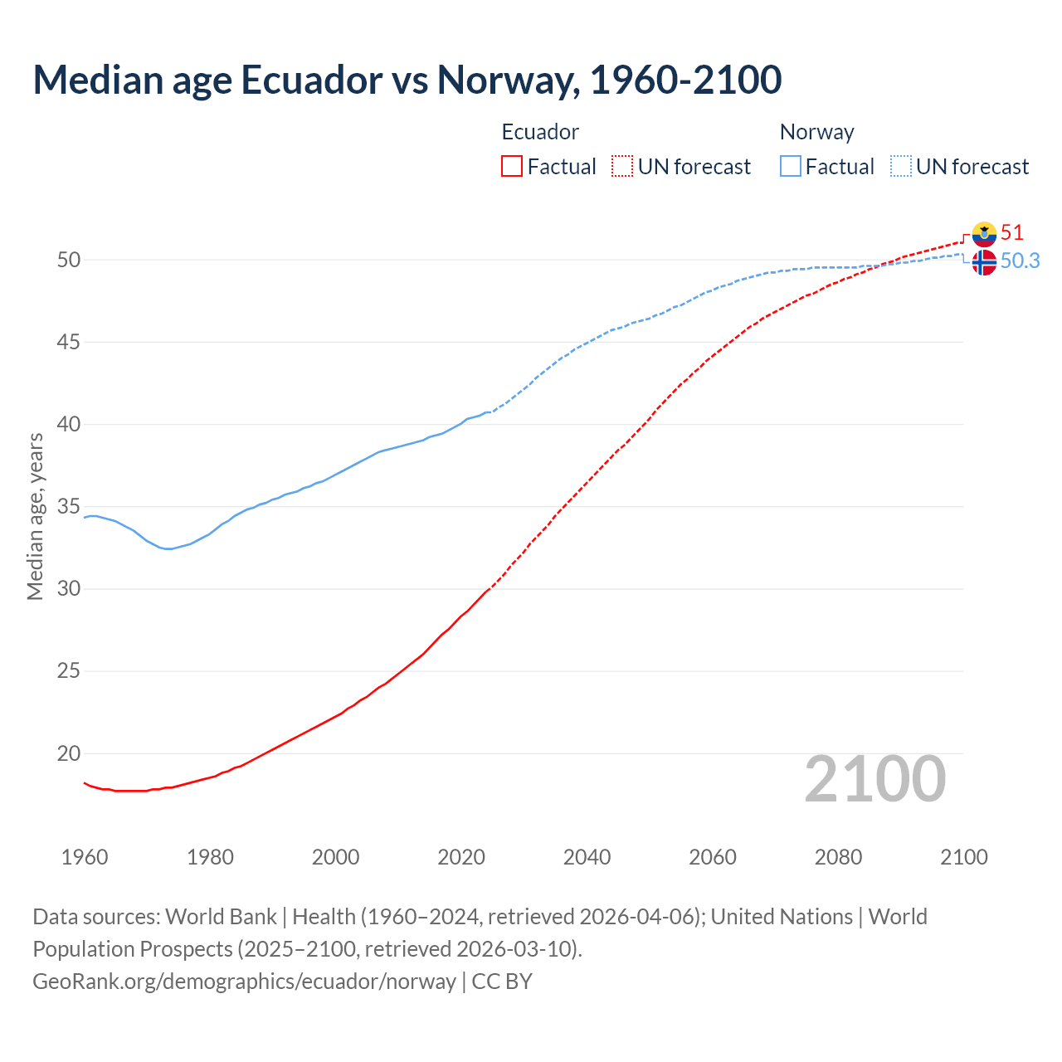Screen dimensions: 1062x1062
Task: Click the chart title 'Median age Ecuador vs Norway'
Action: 407,80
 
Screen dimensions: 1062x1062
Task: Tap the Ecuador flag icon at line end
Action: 984,234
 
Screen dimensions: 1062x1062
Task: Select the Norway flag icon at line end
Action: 984,262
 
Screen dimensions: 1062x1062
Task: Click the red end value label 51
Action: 1011,232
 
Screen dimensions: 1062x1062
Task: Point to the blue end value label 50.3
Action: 1020,261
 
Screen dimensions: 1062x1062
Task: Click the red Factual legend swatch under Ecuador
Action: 512,167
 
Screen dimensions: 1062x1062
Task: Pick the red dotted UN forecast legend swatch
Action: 622,167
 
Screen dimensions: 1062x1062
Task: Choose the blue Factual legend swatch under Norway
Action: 791,167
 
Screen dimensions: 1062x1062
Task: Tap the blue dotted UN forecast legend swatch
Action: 901,167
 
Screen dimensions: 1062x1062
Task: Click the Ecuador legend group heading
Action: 540,132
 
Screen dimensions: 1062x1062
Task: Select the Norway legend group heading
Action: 816,132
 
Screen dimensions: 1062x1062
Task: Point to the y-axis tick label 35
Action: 69,506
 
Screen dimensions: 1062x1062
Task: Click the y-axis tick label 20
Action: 69,753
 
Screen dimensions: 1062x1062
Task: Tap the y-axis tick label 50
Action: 69,260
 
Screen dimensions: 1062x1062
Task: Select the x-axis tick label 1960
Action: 85,857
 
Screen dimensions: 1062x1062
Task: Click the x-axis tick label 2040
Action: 587,857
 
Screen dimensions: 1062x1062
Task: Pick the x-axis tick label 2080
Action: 838,857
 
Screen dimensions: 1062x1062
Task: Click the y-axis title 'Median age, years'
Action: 35,516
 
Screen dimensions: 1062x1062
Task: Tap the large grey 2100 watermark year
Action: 874,778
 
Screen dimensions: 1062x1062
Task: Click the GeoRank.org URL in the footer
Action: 244,982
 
